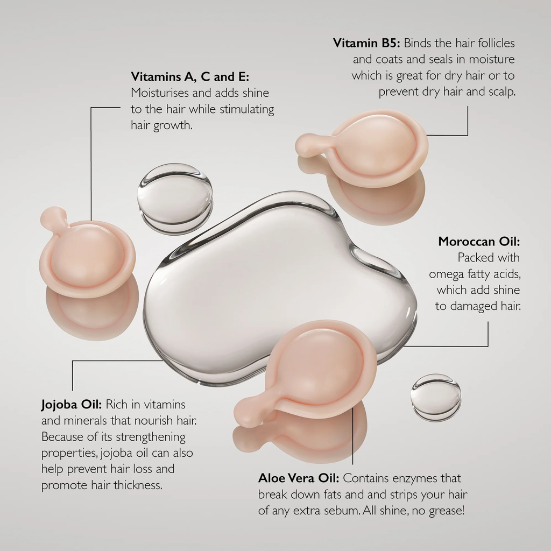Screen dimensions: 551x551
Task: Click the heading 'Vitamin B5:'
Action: point(366,43)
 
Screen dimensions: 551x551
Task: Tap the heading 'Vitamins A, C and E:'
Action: point(190,76)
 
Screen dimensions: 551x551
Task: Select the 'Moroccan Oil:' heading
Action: point(479,242)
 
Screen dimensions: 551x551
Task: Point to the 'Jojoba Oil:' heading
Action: point(72,405)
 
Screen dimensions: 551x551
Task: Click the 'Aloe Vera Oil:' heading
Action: point(299,478)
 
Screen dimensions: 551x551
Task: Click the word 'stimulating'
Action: point(246,109)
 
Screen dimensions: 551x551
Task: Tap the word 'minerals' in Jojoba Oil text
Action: point(87,420)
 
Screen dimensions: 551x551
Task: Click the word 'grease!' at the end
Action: point(446,511)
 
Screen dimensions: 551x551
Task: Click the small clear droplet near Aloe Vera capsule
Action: point(436,398)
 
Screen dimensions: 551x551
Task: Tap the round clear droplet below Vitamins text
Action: point(175,197)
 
